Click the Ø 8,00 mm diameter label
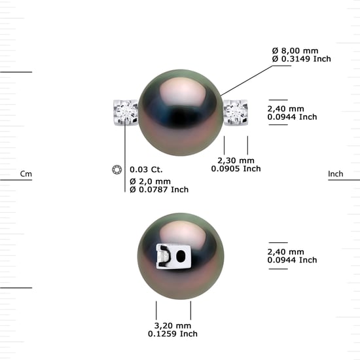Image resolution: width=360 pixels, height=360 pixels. tap(295, 51)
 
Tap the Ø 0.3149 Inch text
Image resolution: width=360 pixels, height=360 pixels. tap(302, 59)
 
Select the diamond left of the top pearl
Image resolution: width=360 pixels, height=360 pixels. tap(126, 113)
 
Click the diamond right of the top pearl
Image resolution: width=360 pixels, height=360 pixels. tap(236, 113)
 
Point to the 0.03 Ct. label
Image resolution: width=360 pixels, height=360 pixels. tap(146, 170)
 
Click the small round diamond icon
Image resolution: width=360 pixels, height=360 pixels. tap(117, 170)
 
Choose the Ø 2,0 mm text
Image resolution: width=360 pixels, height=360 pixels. tap(150, 181)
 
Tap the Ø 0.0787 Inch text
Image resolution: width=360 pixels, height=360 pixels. tap(159, 190)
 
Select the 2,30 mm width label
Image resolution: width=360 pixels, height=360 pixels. tap(236, 160)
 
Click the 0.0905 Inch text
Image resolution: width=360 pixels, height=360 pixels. tap(236, 169)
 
